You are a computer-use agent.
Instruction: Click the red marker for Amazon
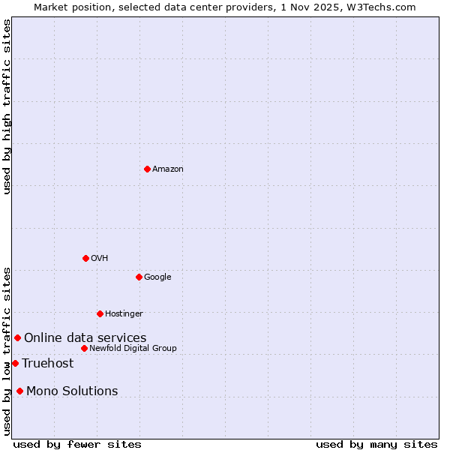click(x=147, y=169)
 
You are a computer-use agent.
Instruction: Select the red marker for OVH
click(x=85, y=258)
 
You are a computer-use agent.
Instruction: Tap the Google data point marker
click(x=139, y=277)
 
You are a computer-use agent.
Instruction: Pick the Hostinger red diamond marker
click(x=100, y=313)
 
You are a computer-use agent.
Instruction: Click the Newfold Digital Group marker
click(x=84, y=348)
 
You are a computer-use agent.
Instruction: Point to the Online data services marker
click(x=17, y=337)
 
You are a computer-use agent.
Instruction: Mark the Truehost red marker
click(x=15, y=363)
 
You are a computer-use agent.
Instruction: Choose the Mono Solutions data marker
click(x=19, y=391)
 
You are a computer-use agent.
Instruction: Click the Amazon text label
click(x=168, y=169)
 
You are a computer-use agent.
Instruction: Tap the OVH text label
click(x=100, y=259)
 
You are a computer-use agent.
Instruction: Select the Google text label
click(x=157, y=277)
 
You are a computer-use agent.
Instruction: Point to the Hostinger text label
click(x=124, y=314)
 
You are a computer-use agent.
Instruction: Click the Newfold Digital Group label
click(x=133, y=349)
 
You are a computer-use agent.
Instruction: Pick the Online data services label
click(x=85, y=338)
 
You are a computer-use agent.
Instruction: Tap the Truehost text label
click(x=48, y=364)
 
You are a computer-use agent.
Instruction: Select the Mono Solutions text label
click(x=72, y=391)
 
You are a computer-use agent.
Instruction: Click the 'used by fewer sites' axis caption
click(x=77, y=444)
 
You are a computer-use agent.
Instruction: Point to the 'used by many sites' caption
click(x=376, y=444)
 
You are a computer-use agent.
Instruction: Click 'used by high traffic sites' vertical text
click(x=7, y=106)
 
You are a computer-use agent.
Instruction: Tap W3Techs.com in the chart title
click(x=385, y=7)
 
